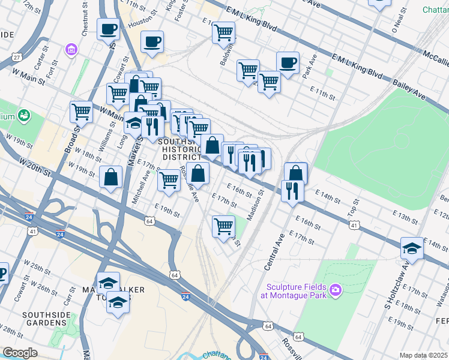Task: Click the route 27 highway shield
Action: click(17, 57)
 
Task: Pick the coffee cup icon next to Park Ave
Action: click(288, 62)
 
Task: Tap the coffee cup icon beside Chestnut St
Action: click(108, 28)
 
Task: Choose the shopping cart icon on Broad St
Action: click(81, 111)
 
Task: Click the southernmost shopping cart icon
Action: click(223, 226)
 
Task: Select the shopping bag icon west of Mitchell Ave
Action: click(111, 177)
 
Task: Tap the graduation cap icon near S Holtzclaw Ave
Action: click(412, 248)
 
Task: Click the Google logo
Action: click(20, 353)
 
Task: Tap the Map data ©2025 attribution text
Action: click(423, 355)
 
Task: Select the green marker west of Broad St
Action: click(25, 115)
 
